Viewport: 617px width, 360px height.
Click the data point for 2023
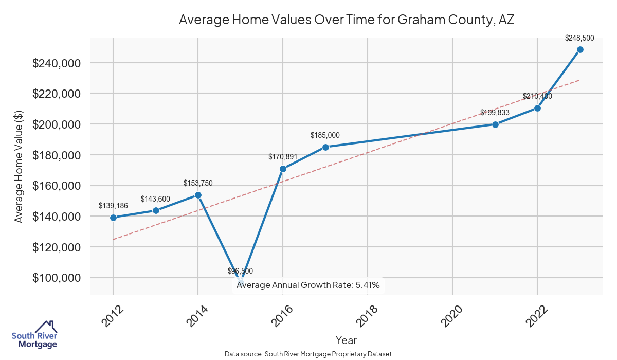[580, 49]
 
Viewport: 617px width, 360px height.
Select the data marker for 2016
[283, 169]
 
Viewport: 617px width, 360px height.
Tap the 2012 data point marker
[113, 218]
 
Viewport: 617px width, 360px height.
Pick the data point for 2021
[495, 124]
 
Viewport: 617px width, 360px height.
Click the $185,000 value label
[325, 135]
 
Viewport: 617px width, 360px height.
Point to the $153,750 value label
[198, 183]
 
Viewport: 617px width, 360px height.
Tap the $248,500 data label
[579, 38]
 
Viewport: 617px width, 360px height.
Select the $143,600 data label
[156, 199]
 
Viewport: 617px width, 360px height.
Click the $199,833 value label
[495, 113]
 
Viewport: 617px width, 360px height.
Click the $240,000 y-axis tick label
[57, 63]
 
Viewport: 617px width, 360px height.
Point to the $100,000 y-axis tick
[57, 278]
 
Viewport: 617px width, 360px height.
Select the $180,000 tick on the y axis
[57, 155]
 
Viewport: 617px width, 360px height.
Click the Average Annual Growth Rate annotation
[308, 285]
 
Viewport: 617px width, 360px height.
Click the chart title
[346, 20]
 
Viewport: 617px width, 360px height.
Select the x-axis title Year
[346, 340]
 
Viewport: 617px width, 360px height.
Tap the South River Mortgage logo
[34, 335]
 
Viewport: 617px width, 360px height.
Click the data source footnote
[308, 354]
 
